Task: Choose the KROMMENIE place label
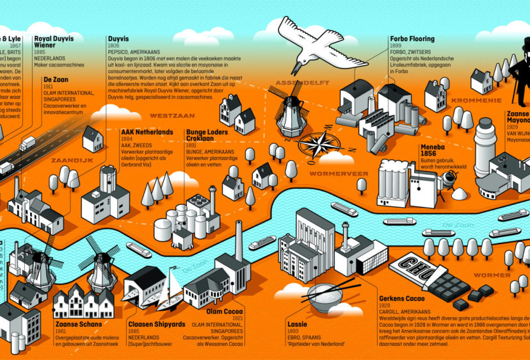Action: pos(476,101)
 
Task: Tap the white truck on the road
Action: pos(28,143)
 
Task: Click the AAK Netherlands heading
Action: pos(147,132)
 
